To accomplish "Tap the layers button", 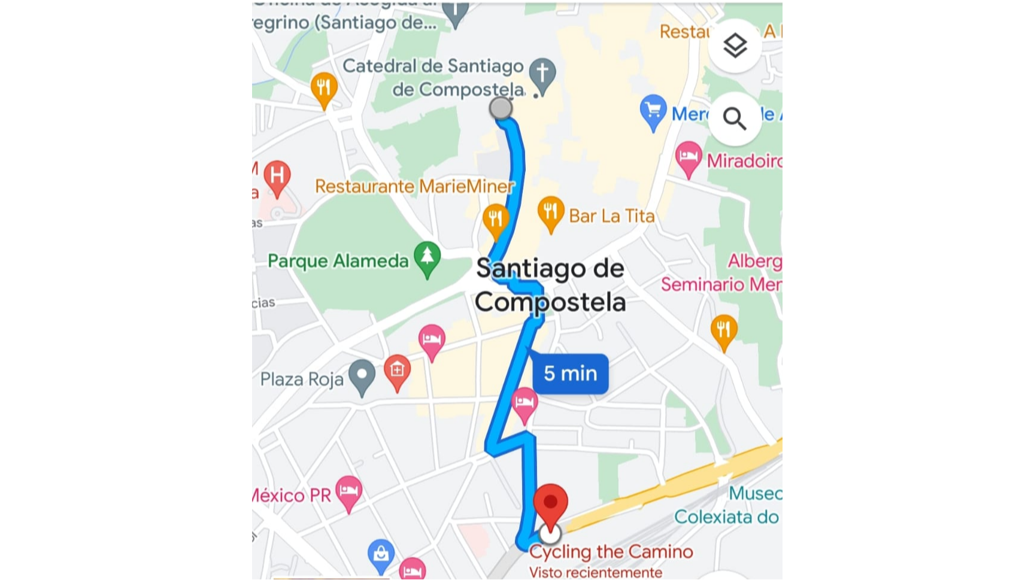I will pos(735,45).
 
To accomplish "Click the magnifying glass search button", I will pos(735,119).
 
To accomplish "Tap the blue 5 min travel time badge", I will pos(570,373).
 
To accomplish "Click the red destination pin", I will pos(550,505).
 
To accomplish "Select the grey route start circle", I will pos(501,108).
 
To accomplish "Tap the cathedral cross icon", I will pos(542,74).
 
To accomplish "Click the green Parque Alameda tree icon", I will pos(427,257).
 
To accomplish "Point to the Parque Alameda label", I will pos(338,261).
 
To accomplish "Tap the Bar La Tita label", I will pos(611,215).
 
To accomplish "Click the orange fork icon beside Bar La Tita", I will pos(551,212).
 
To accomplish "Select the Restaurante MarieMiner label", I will pos(414,186).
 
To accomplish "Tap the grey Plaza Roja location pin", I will pos(362,375).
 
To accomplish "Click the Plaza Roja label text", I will pos(302,379).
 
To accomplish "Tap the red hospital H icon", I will pos(277,177).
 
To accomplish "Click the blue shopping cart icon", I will pos(653,110).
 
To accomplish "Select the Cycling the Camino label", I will pos(611,551).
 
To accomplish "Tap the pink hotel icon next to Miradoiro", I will pos(689,157).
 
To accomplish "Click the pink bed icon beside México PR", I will pos(348,491).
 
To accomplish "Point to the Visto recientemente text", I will pos(595,572).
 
